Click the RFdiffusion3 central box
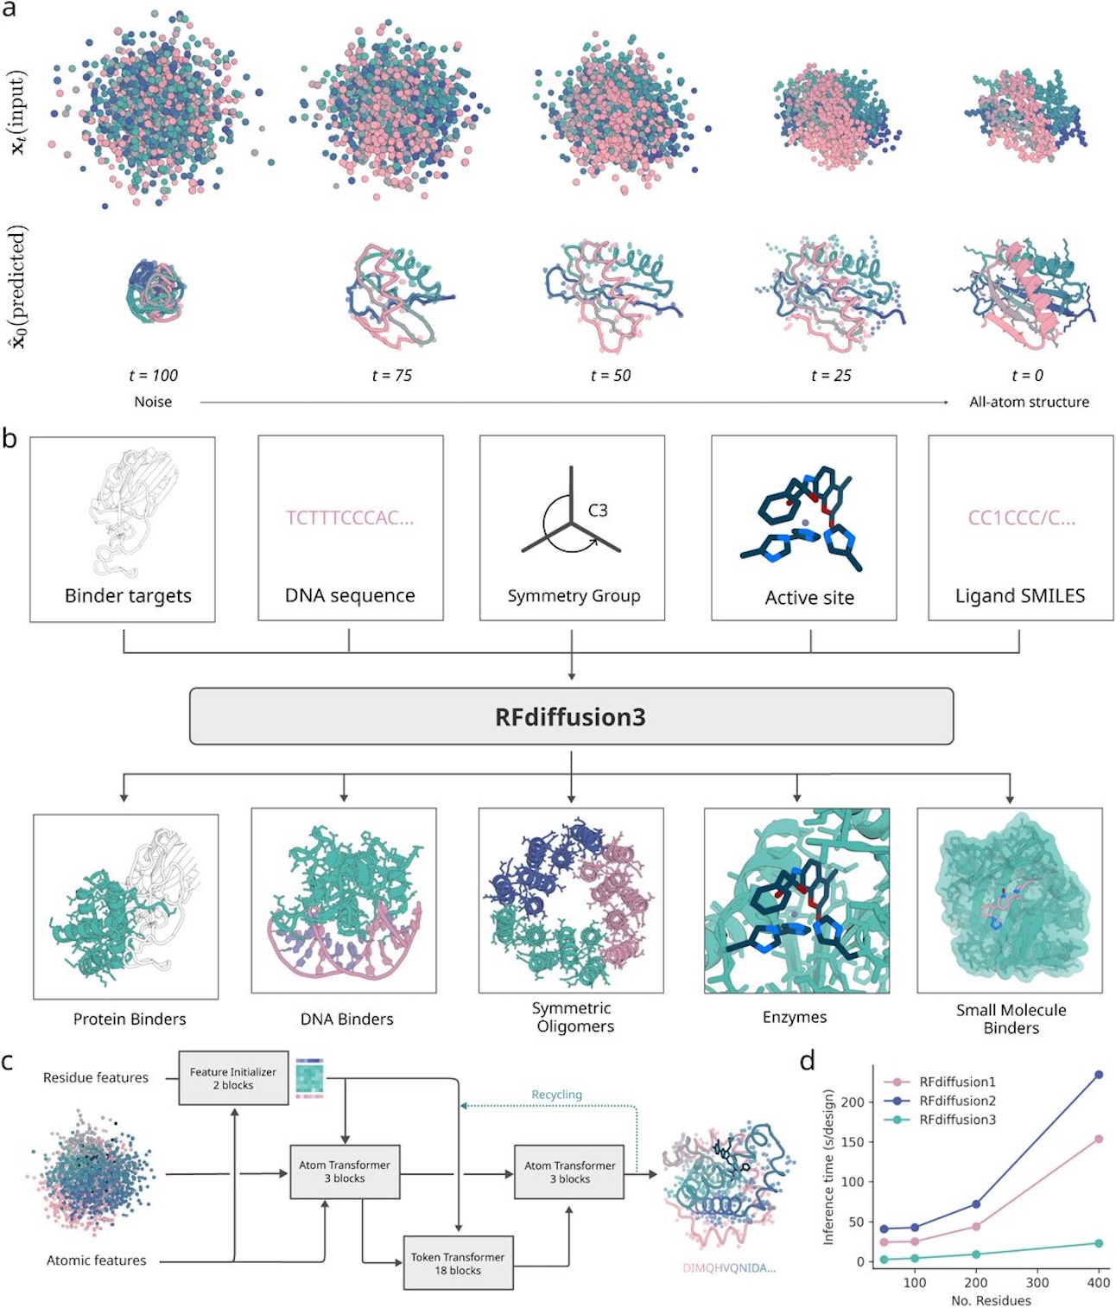click(571, 716)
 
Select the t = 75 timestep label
click(391, 375)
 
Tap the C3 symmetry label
click(598, 511)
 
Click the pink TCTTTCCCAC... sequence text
click(350, 517)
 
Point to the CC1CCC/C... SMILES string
click(1021, 518)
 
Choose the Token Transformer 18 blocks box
click(458, 1263)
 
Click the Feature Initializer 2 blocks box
click(233, 1078)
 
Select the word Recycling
click(556, 1095)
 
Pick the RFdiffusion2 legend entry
click(957, 1101)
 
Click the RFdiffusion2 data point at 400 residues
click(1099, 1075)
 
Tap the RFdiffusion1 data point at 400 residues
click(1099, 1140)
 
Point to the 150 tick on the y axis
click(853, 1141)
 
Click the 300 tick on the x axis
click(1037, 1282)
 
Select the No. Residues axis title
click(991, 1300)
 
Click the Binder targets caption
click(128, 595)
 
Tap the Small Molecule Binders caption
click(1011, 1019)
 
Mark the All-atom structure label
click(1029, 402)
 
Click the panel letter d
click(808, 1061)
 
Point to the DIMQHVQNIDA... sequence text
click(729, 1268)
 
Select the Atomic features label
click(97, 1260)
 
